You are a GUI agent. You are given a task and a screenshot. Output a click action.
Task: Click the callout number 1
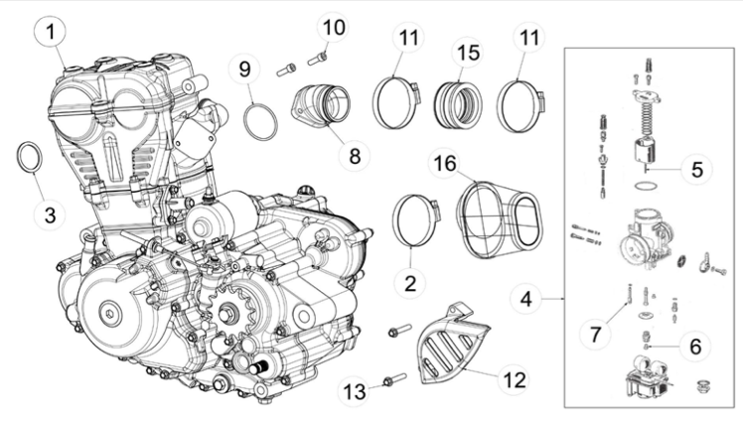click(51, 32)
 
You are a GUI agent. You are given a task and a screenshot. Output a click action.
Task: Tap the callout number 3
click(50, 215)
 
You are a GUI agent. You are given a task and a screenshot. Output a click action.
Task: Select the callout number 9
click(244, 70)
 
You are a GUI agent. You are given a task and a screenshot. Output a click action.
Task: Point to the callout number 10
click(334, 27)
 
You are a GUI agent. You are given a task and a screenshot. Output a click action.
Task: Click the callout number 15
click(468, 53)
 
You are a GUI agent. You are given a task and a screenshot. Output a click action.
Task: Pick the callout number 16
click(445, 164)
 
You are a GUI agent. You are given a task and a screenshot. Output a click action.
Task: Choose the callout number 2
click(410, 283)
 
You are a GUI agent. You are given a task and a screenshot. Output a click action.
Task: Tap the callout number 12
click(515, 380)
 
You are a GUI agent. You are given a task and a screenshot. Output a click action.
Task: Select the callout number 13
click(355, 392)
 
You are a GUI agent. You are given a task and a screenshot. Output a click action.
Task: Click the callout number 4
click(526, 299)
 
